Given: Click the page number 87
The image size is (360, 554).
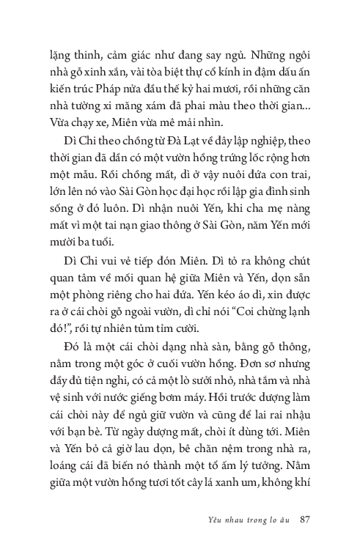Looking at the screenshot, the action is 306,522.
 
